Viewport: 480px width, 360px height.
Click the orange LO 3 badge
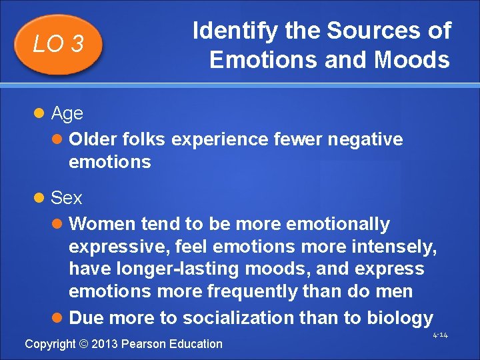tap(59, 44)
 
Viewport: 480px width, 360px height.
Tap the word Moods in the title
tap(412, 59)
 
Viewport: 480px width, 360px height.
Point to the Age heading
tap(67, 113)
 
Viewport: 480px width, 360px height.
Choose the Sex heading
tap(66, 198)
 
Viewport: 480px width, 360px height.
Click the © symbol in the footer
tap(83, 344)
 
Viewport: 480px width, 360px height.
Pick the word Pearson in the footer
tap(143, 344)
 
